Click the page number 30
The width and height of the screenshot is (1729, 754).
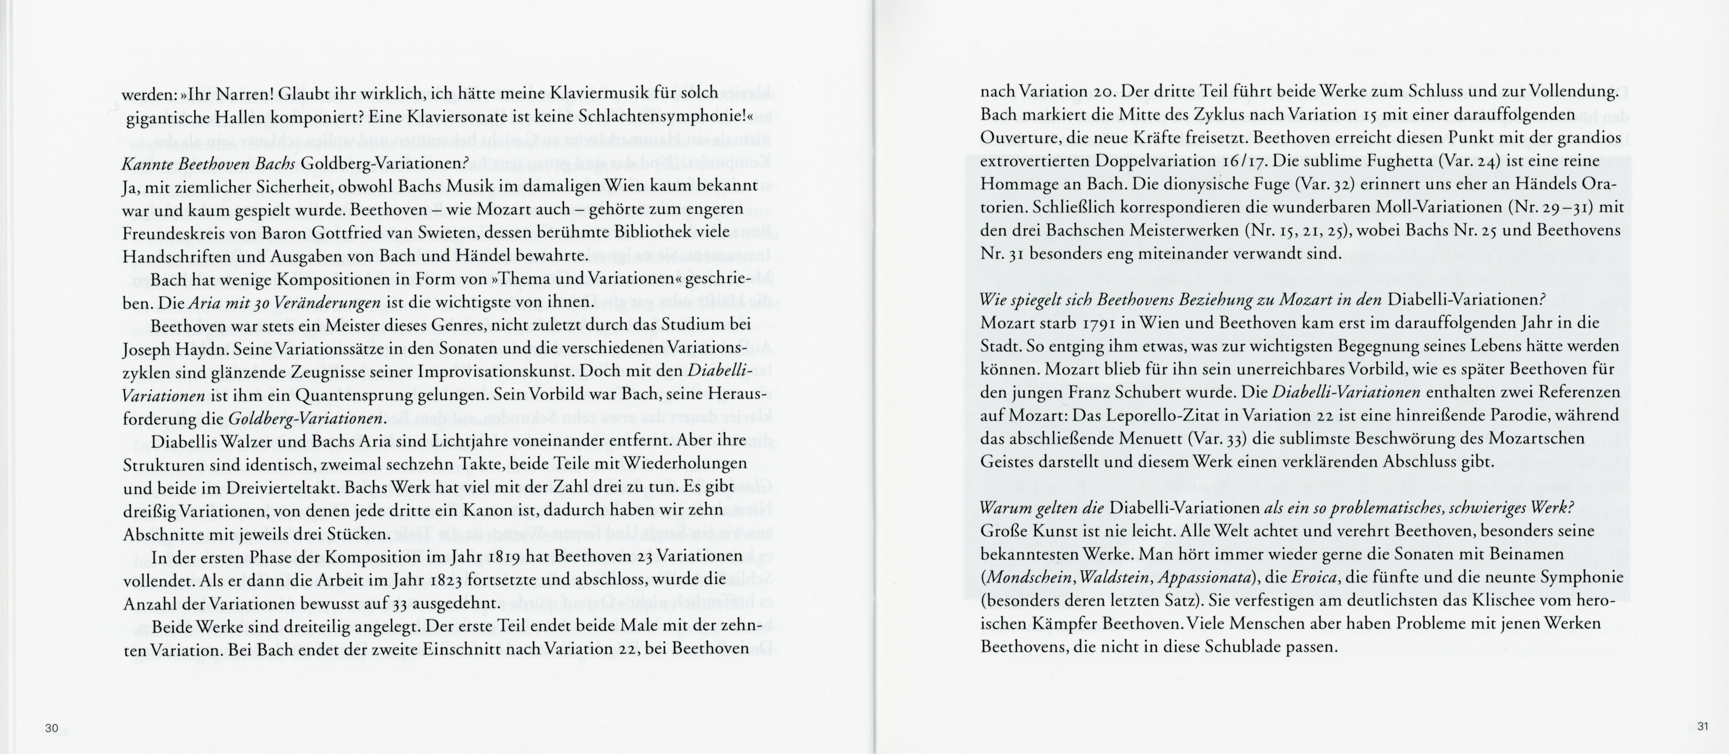pyautogui.click(x=52, y=728)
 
